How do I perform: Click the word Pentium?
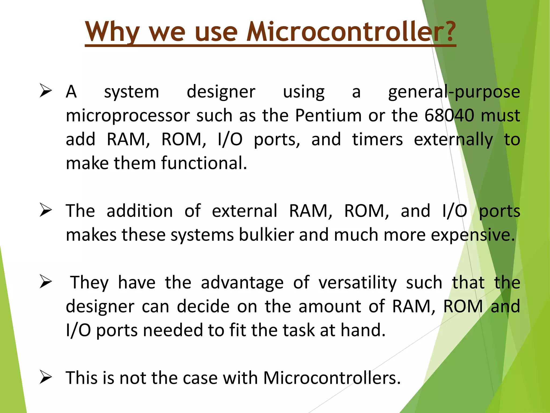pos(328,116)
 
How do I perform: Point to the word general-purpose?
pos(454,92)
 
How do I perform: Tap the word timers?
pos(377,139)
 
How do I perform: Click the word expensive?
pos(473,235)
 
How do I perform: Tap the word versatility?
pos(357,283)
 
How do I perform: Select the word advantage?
pos(242,283)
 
